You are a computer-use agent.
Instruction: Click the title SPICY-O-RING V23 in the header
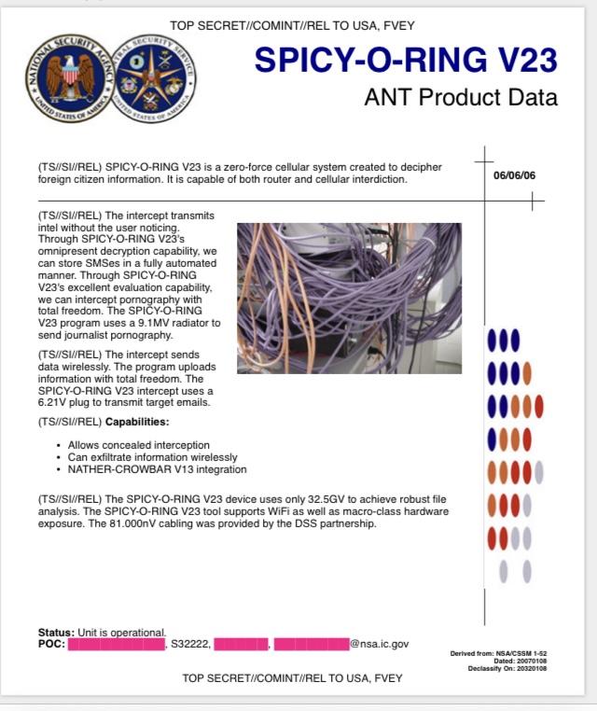406,60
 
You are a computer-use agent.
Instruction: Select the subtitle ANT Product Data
461,97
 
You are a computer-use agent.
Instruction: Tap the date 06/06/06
514,175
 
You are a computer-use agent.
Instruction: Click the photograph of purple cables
349,298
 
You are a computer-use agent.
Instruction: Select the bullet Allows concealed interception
139,445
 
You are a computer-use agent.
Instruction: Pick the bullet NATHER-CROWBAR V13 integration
158,469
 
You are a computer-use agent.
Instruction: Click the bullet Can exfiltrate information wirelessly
153,457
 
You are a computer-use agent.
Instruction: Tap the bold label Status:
57,633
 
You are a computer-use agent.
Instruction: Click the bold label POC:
51,644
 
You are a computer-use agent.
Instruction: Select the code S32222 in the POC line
189,644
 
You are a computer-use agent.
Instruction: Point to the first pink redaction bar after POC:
116,644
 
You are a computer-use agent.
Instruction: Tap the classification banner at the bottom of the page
292,678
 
